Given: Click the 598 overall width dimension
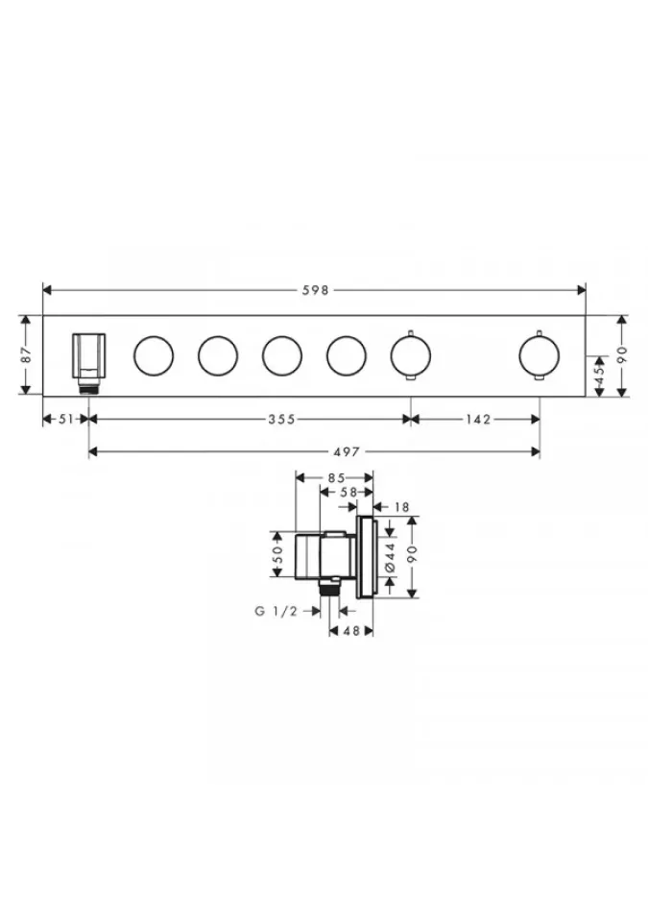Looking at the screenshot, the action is pos(316,290).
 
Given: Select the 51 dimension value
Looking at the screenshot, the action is pos(66,419).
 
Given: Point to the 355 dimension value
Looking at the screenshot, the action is pos(281,419).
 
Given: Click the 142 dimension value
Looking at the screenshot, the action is pos(478,419).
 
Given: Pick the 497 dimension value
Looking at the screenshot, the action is pos(347,451).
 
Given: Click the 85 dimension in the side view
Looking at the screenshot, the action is pos(336,477).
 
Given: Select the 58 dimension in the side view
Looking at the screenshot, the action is pos(348,492).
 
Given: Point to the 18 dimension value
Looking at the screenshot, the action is pos(401,507).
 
